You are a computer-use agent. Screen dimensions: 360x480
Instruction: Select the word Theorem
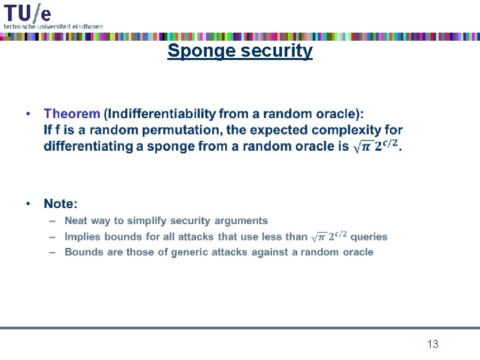pyautogui.click(x=72, y=115)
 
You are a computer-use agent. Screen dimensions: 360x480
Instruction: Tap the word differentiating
pyautogui.click(x=89, y=146)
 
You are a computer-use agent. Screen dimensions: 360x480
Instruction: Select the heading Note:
pyautogui.click(x=61, y=203)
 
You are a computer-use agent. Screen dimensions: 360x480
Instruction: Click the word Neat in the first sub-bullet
pyautogui.click(x=76, y=221)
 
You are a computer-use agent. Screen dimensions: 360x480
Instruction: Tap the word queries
pyautogui.click(x=369, y=237)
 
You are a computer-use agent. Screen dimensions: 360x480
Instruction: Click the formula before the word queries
pyautogui.click(x=329, y=236)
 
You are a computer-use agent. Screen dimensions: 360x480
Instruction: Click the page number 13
pyautogui.click(x=433, y=344)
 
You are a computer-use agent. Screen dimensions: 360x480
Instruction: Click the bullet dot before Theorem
pyautogui.click(x=29, y=115)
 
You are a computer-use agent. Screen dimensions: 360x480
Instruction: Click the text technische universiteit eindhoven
pyautogui.click(x=53, y=26)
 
